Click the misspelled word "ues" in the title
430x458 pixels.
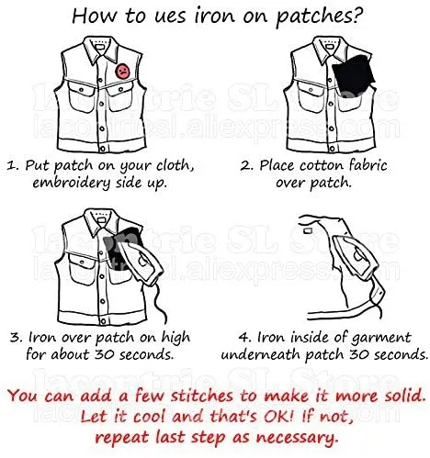click(170, 16)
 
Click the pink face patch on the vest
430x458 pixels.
click(122, 71)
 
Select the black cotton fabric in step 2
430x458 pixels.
click(353, 75)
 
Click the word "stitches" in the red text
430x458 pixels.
click(202, 396)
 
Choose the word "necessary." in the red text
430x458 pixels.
click(298, 438)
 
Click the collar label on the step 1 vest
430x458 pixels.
click(100, 48)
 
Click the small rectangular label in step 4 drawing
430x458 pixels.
click(307, 230)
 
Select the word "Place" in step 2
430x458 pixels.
click(278, 165)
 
